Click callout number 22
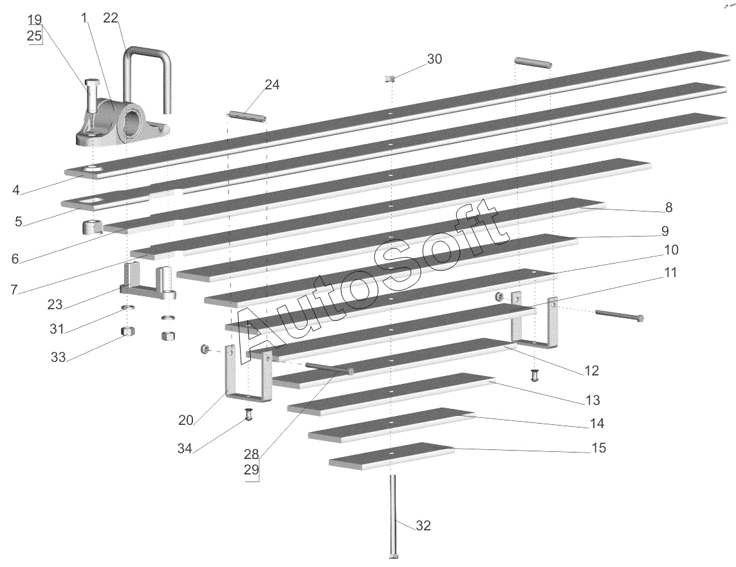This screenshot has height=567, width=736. point(111,18)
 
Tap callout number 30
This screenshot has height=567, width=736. point(434,59)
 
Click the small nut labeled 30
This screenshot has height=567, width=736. point(389,78)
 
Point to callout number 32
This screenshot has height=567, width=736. point(423,526)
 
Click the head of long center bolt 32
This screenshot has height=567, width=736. point(392,555)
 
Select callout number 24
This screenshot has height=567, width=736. point(272,85)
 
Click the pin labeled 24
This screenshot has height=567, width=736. point(248,116)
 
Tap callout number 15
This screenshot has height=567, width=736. point(598,448)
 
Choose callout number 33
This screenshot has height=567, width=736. point(59,357)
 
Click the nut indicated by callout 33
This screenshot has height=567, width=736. point(127,332)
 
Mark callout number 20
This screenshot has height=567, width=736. point(185,420)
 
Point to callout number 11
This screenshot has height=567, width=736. point(670,273)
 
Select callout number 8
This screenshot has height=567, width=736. point(668,207)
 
